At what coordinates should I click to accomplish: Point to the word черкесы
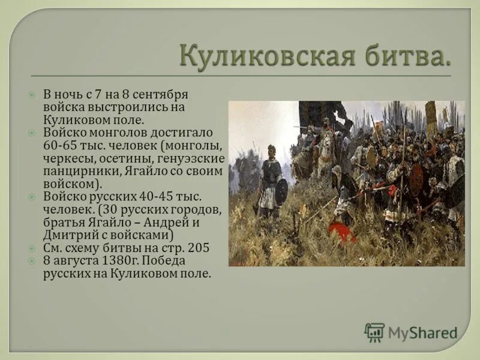click(x=67, y=159)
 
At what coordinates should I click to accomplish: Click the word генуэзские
click(x=197, y=159)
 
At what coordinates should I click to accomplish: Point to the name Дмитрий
click(x=68, y=235)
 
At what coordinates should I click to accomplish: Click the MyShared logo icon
click(x=374, y=332)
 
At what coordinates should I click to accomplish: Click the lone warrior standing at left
click(x=270, y=180)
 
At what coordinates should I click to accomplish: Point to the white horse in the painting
click(x=327, y=150)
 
